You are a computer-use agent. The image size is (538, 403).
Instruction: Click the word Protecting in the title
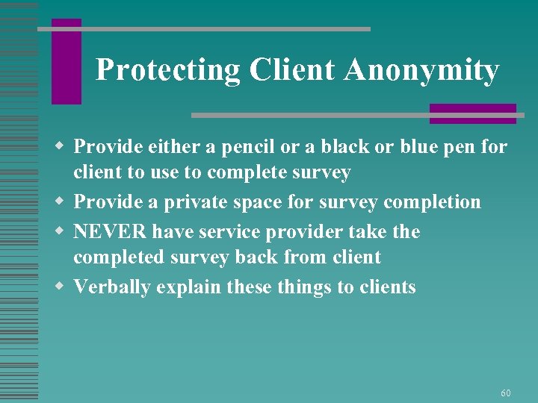tap(168, 70)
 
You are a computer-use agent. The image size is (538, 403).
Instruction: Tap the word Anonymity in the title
tap(421, 70)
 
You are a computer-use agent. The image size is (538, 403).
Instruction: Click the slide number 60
tap(506, 393)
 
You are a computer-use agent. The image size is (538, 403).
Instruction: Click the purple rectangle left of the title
tap(66, 62)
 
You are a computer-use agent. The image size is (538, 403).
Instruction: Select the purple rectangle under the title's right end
tap(472, 113)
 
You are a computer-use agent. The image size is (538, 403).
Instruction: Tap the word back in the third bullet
tap(266, 257)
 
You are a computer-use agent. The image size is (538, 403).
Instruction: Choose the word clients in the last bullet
tap(386, 287)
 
